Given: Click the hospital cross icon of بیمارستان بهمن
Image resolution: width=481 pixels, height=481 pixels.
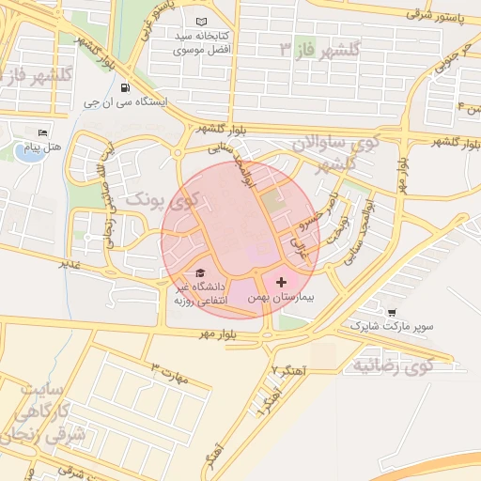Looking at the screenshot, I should pos(281,282).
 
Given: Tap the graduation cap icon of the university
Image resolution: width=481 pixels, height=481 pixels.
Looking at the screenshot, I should pos(201,272).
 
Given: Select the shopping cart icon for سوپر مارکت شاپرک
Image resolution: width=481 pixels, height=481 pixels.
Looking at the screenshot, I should pos(391,312).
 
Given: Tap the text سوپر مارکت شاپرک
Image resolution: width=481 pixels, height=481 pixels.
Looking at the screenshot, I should pos(393,326).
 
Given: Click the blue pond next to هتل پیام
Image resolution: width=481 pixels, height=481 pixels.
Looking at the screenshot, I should pos(30,152).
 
